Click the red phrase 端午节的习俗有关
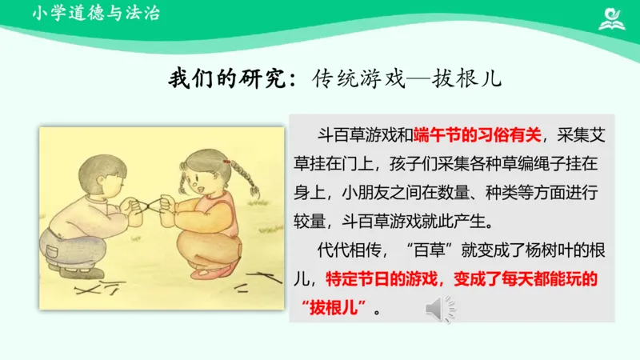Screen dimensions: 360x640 (x=478, y=134)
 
